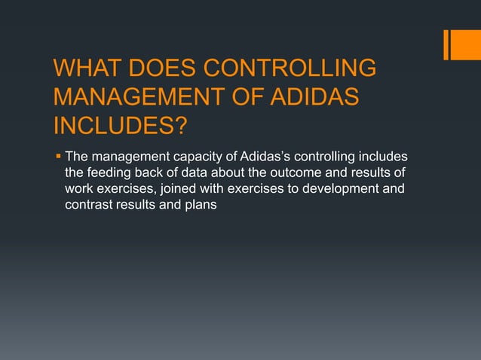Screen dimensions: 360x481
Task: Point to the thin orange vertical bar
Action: pyautogui.click(x=446, y=44)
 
